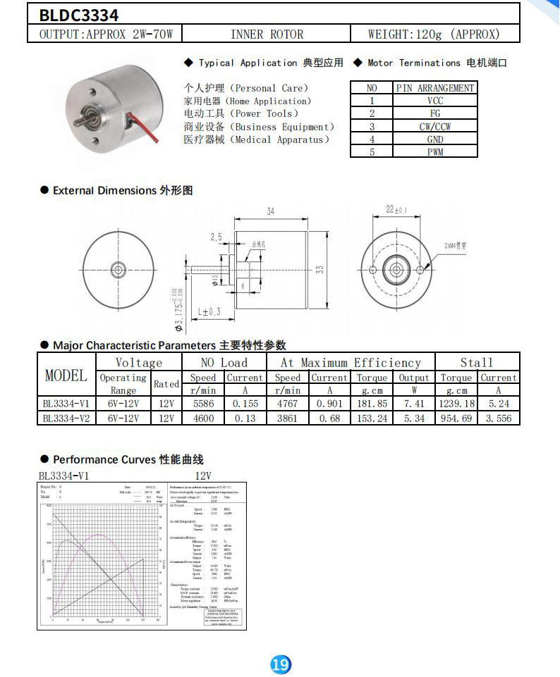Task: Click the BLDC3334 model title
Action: click(70, 15)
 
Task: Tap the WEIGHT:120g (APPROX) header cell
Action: click(433, 34)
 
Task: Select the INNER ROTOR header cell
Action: click(267, 34)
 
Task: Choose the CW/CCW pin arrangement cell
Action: click(434, 127)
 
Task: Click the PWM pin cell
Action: click(434, 151)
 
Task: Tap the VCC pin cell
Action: click(434, 101)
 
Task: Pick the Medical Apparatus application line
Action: click(257, 139)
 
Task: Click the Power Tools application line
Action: click(241, 113)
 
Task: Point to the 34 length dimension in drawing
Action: click(271, 211)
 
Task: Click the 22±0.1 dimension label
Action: click(397, 209)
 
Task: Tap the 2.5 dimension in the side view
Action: click(216, 237)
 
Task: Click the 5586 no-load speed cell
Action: click(203, 404)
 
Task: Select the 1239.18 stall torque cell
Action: click(456, 404)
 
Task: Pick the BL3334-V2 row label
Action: click(66, 418)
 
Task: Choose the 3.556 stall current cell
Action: click(498, 418)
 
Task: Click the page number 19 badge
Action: click(280, 664)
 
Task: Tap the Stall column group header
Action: click(477, 363)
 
